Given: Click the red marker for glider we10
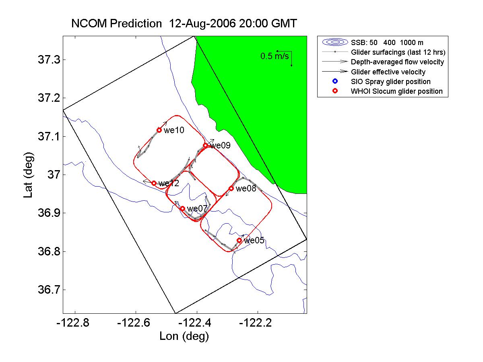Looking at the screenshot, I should tap(159, 130).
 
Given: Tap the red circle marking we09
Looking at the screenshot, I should tap(205, 145).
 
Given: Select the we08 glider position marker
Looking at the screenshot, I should tap(231, 188).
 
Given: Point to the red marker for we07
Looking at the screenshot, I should tap(182, 208).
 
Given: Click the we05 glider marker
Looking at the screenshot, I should tap(239, 240).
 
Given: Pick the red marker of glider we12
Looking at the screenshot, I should tap(154, 183).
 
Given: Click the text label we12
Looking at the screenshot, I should tap(169, 183).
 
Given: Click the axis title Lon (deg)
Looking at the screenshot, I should tap(184, 336).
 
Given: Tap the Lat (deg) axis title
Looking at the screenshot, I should tap(28, 175).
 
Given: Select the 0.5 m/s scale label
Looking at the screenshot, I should tap(275, 56).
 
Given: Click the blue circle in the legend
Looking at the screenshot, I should tap(335, 82).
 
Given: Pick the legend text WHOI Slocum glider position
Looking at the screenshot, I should tap(397, 91).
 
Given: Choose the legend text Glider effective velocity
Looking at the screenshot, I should tap(388, 72).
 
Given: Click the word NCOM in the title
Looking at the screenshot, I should tap(86, 23).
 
